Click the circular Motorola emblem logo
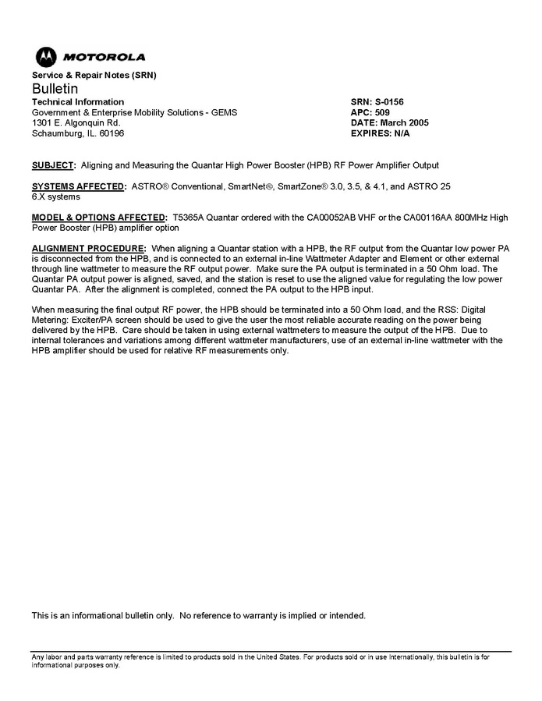coord(45,57)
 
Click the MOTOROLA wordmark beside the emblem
coord(104,57)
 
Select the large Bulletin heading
coord(55,89)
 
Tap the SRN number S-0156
coord(389,102)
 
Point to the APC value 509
coord(383,112)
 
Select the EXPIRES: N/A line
coord(381,133)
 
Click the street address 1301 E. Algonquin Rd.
coord(76,122)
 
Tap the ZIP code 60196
coord(110,133)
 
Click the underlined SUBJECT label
coord(52,165)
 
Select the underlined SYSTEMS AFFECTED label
coord(77,186)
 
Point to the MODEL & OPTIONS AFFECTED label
coord(98,218)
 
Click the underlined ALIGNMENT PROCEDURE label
coord(88,248)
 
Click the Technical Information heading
coord(77,102)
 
